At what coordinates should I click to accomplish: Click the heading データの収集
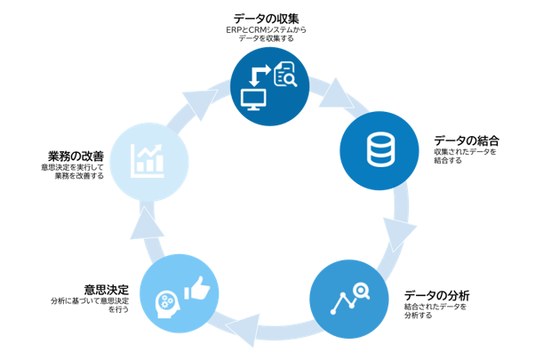(x=266, y=19)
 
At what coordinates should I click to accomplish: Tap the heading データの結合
(x=467, y=140)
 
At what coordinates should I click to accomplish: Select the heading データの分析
(x=437, y=295)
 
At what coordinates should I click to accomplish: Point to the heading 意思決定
(x=107, y=290)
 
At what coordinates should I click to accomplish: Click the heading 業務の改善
(x=76, y=156)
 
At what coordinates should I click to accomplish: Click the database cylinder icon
(x=380, y=150)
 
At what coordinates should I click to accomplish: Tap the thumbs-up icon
(x=197, y=288)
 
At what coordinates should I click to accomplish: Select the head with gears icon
(x=167, y=305)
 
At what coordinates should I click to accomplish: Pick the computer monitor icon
(x=253, y=100)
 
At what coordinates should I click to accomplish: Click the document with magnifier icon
(x=285, y=74)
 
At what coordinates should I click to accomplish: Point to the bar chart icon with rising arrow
(x=147, y=161)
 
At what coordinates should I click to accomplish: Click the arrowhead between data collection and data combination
(x=336, y=94)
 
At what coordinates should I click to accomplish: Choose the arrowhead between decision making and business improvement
(x=147, y=223)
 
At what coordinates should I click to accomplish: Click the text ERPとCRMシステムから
(x=266, y=30)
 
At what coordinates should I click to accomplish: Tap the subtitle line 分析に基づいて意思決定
(x=90, y=301)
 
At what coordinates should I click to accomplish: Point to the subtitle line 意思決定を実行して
(x=72, y=167)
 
